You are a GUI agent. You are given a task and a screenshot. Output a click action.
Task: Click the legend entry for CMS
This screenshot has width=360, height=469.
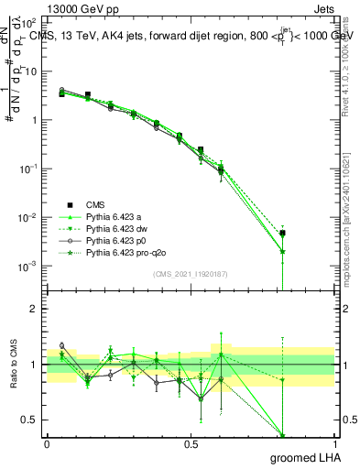[96, 204]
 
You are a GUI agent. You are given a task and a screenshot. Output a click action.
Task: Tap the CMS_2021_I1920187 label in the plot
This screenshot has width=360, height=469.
[191, 273]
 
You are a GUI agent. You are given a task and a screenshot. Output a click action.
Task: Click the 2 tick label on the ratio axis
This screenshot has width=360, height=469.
[34, 309]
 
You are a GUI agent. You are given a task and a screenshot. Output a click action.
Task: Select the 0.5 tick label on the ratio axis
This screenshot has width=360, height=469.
[30, 420]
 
